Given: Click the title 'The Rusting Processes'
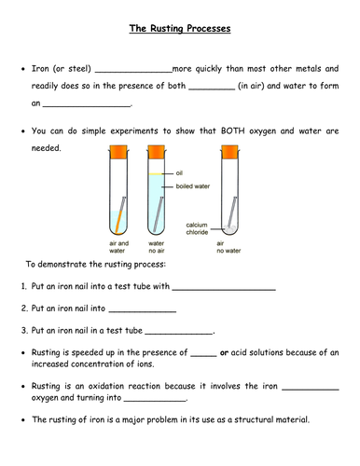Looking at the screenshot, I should (x=180, y=29).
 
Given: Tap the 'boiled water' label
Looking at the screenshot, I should (x=193, y=186).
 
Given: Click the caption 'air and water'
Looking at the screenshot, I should (x=117, y=246).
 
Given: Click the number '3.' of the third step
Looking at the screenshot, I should (x=25, y=330).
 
